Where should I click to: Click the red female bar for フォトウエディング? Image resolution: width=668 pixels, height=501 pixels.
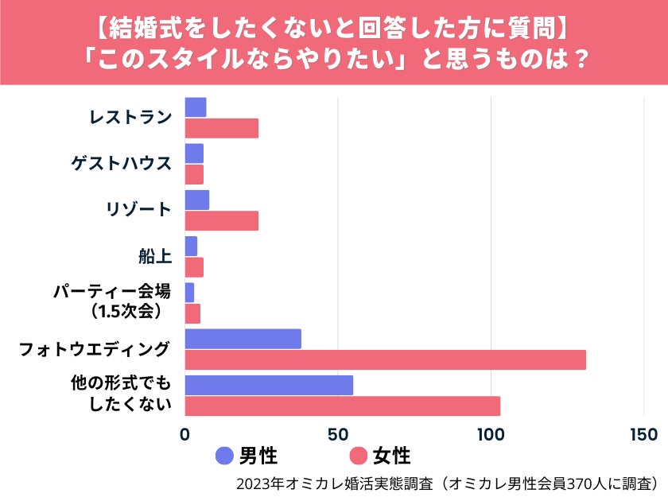(x=385, y=359)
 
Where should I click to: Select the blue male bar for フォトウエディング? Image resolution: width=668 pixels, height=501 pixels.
(x=243, y=339)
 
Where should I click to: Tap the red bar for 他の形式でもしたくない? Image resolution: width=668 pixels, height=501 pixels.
(x=342, y=406)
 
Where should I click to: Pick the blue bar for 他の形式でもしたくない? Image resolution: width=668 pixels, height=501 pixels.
(x=269, y=385)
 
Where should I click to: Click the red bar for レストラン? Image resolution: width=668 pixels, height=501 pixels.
(x=221, y=128)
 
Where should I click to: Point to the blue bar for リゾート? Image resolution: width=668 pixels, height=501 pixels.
(x=196, y=200)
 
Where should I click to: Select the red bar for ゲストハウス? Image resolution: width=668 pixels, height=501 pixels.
(x=194, y=174)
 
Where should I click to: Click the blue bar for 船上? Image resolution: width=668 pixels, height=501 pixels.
(x=191, y=246)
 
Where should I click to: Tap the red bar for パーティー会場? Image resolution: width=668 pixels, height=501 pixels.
(x=192, y=313)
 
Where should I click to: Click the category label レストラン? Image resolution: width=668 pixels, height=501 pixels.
(x=130, y=118)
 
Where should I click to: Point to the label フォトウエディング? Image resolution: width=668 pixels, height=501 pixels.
(x=95, y=348)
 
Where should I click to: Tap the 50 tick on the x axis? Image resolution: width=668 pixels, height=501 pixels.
(x=338, y=434)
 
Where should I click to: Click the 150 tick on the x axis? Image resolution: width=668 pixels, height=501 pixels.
(x=643, y=434)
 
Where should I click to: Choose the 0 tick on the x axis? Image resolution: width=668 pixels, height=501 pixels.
(x=185, y=434)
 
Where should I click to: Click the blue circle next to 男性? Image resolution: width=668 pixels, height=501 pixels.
(x=225, y=456)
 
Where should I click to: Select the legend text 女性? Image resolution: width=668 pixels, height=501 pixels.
(x=392, y=456)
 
